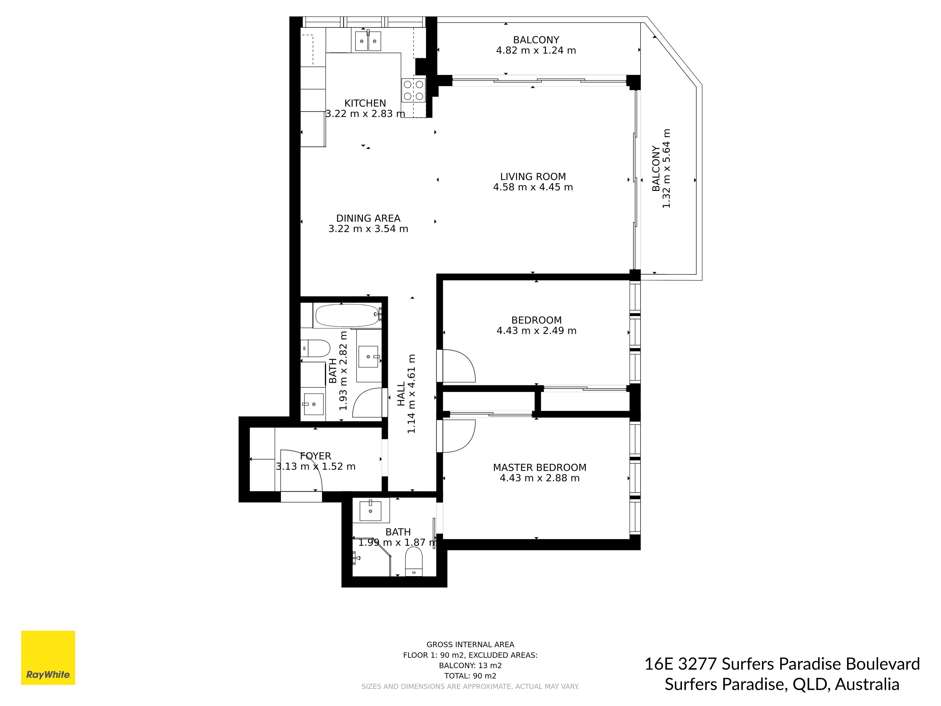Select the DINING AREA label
pos(368,218)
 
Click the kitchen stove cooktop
pos(413,90)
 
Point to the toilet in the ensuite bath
pos(413,561)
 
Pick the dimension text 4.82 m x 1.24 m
pos(536,50)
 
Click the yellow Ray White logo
pos(48,657)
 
